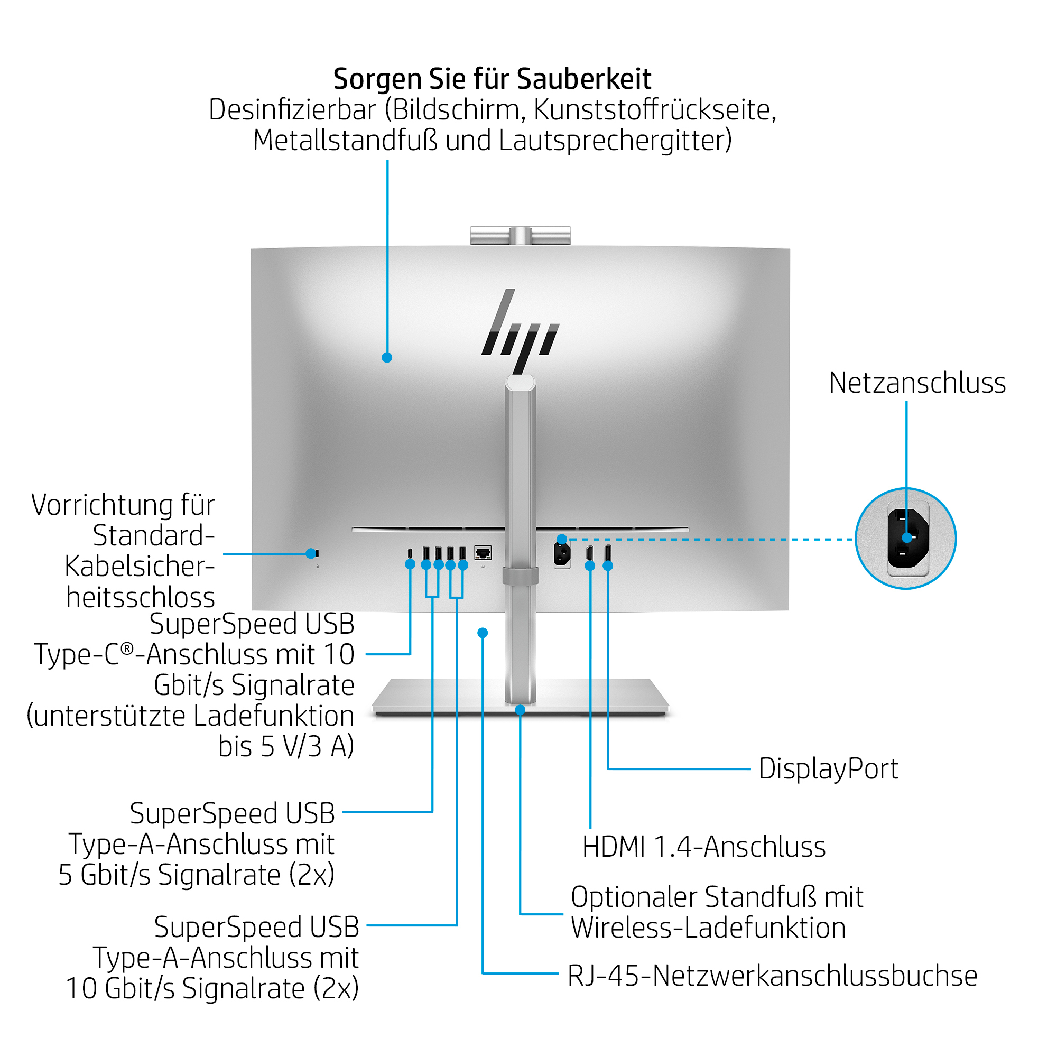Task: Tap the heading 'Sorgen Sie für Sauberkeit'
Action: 492,79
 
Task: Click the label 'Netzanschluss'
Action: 917,383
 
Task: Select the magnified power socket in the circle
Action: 906,539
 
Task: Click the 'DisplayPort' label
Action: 828,768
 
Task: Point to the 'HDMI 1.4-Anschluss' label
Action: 703,847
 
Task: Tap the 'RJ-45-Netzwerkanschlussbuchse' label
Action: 772,976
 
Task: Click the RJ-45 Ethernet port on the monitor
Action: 483,553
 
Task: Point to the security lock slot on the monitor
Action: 317,553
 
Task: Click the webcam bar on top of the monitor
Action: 520,236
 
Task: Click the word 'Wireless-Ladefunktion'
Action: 708,928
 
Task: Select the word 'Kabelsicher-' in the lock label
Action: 140,566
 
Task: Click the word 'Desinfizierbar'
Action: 293,110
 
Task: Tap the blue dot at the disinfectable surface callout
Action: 387,358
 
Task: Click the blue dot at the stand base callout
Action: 520,710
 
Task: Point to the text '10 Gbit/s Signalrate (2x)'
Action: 212,988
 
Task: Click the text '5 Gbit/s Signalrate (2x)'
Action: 197,875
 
